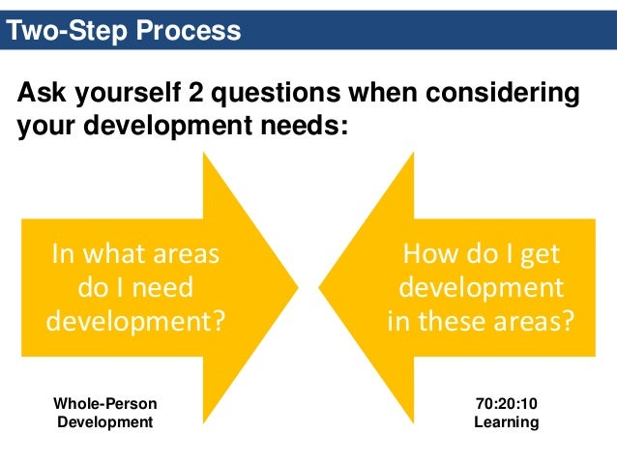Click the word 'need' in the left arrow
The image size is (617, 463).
162,287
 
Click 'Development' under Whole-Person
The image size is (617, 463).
105,422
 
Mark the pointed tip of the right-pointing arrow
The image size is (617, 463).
298,286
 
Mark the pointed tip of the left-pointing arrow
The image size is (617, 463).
320,286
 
